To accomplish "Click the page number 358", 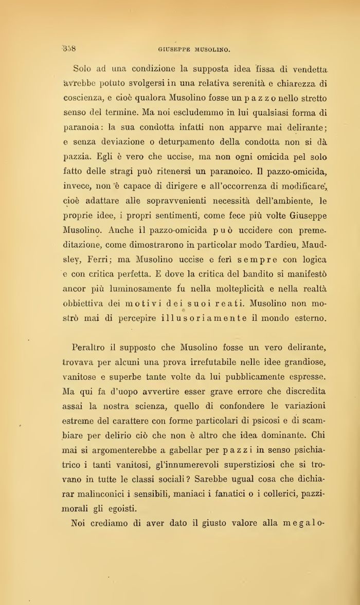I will pyautogui.click(x=69, y=49).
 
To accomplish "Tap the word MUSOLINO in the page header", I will pyautogui.click(x=212, y=50).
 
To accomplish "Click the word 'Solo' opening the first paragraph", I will pyautogui.click(x=82, y=68).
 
